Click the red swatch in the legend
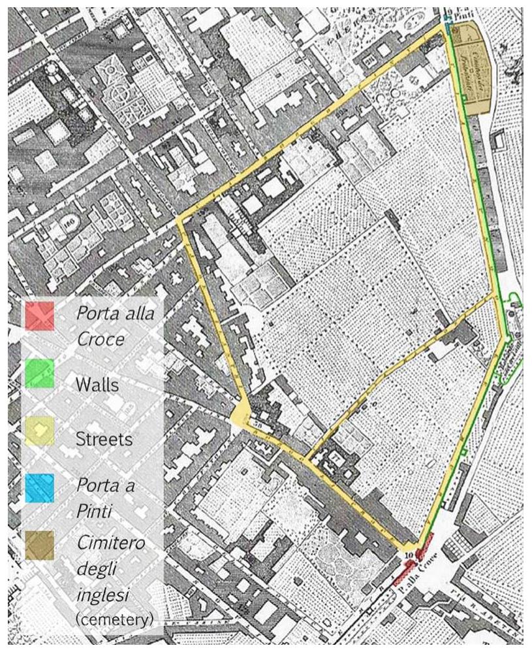point(39,316)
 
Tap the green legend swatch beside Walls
point(39,374)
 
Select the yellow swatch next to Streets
point(39,432)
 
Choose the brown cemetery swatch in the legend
point(39,545)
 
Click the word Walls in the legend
point(97,384)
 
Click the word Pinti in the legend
point(91,511)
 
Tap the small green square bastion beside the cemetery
point(463,97)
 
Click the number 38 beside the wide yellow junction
point(256,424)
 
